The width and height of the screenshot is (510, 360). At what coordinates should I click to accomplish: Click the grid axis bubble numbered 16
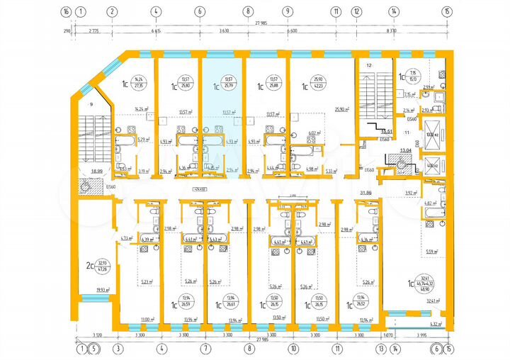click(66, 11)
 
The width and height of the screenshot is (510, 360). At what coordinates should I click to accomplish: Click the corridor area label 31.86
click(366, 193)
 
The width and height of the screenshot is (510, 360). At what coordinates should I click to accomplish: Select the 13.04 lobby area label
click(406, 151)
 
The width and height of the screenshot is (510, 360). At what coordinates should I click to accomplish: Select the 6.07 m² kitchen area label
click(312, 133)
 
